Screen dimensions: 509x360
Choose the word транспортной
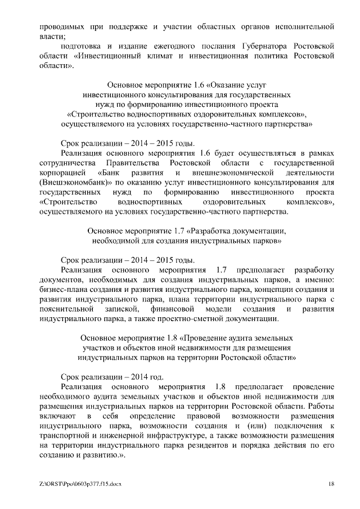pos(65,436)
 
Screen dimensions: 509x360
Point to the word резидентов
pos(215,445)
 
